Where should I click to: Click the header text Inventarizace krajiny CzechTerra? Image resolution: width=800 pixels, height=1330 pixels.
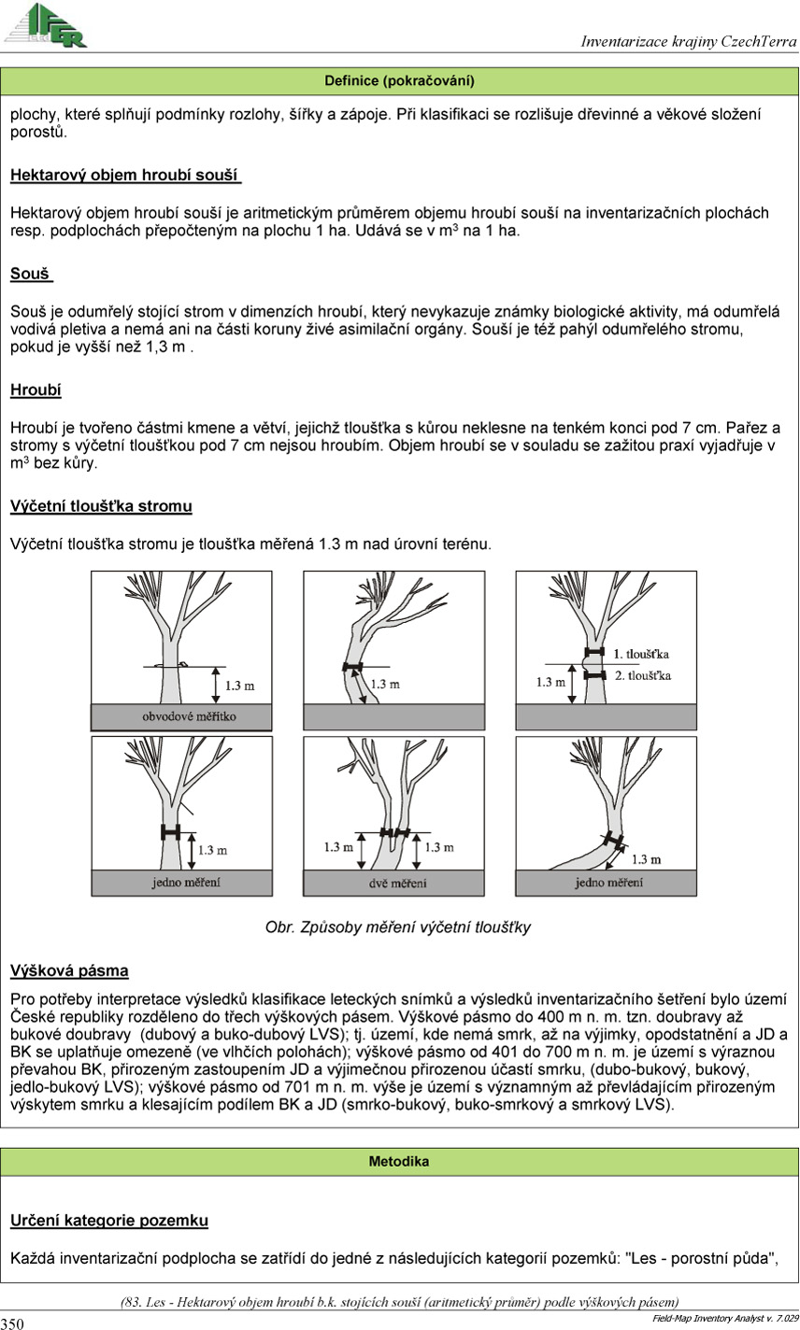(x=688, y=41)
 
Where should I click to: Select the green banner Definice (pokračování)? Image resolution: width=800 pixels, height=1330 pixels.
(x=399, y=81)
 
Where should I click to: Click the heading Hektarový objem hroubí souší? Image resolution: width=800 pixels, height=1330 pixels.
(x=125, y=176)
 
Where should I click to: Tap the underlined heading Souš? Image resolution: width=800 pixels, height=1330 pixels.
(x=31, y=274)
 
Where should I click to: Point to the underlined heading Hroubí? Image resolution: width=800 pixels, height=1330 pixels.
(x=36, y=389)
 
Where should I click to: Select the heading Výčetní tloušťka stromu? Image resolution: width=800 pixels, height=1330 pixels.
(x=101, y=506)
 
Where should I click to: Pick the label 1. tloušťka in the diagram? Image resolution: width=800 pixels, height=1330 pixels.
(x=640, y=654)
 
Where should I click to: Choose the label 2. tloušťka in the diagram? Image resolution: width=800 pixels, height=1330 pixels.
(x=641, y=675)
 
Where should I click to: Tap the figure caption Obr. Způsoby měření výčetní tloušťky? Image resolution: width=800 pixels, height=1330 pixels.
(x=398, y=927)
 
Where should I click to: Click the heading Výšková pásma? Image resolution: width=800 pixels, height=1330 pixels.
(x=69, y=970)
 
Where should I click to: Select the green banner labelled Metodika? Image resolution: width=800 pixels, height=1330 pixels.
(x=399, y=1162)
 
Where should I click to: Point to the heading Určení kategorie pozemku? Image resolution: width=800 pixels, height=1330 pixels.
(x=108, y=1221)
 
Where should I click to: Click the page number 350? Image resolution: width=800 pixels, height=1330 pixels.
(x=13, y=1323)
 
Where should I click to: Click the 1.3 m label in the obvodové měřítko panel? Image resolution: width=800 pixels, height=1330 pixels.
(x=240, y=686)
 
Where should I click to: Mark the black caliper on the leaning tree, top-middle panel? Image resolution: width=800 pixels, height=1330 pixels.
(x=351, y=666)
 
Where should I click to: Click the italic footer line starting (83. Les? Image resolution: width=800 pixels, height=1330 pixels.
(x=399, y=1302)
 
